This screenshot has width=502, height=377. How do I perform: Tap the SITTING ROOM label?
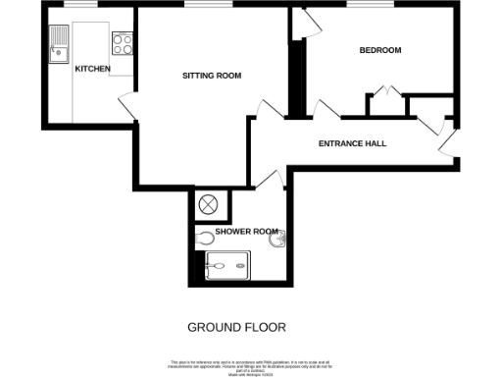[212, 76]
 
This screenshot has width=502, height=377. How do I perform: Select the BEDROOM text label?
[379, 50]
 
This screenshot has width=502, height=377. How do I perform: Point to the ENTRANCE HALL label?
[352, 143]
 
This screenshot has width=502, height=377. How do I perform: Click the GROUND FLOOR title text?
[236, 327]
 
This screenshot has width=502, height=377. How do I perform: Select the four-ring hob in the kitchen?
[124, 43]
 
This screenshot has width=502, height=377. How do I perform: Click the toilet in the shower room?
[205, 238]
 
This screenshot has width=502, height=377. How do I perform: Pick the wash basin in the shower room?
[279, 239]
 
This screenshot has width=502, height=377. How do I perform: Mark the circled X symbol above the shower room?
[209, 205]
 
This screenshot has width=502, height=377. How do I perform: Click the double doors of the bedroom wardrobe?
[388, 94]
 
